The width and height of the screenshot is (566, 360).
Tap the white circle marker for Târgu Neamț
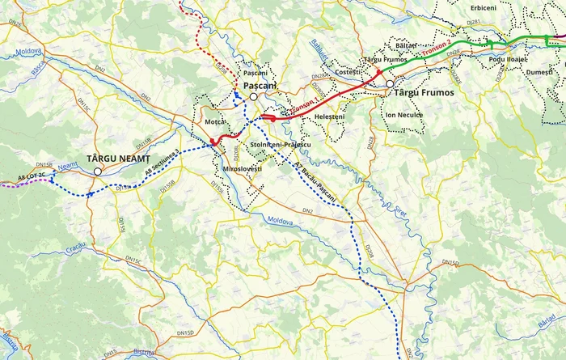(98, 172)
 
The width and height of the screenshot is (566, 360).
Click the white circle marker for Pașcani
(253, 96)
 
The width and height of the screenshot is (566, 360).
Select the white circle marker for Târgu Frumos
(390, 83)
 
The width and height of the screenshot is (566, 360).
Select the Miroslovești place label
(242, 169)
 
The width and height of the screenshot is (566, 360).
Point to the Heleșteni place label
(329, 116)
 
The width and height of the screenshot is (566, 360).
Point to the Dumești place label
(539, 72)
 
